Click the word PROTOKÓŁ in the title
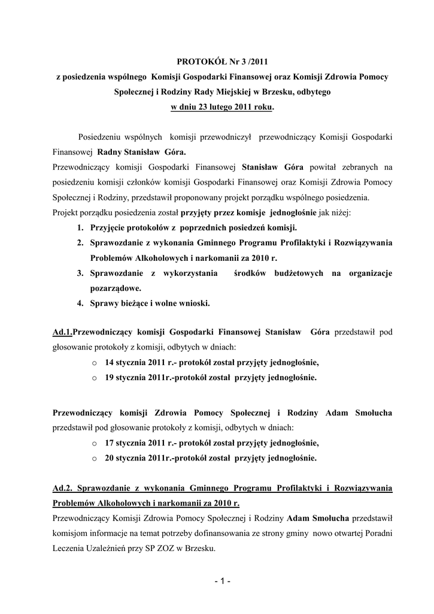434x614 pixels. pos(200,62)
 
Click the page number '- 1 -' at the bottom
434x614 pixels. pos(221,581)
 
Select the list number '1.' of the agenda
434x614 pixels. pos(80,228)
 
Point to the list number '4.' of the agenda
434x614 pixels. pos(80,303)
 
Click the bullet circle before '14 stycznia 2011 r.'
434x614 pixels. pos(95,363)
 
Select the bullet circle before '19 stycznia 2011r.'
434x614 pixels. pos(95,378)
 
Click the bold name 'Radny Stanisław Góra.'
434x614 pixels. pos(137,152)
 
